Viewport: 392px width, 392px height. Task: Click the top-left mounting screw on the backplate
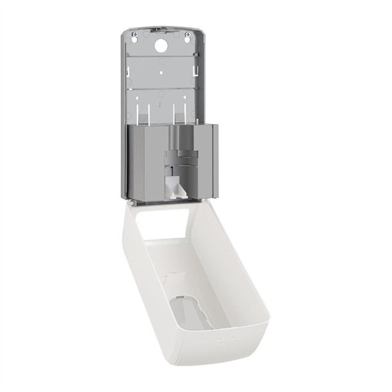[134, 33]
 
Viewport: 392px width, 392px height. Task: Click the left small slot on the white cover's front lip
[217, 336]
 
